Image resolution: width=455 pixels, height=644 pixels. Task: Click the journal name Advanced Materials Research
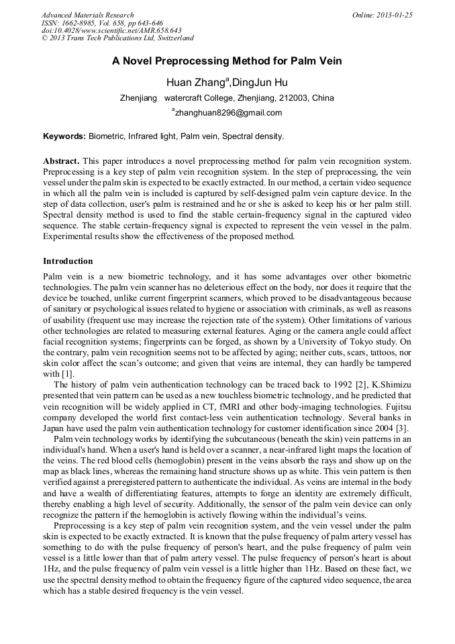[x=88, y=15]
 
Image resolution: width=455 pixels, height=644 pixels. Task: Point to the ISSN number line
[x=102, y=23]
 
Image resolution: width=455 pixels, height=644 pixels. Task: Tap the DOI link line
[x=111, y=30]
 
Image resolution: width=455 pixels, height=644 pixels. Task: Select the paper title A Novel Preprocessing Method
[x=227, y=61]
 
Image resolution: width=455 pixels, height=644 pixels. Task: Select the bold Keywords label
[x=64, y=136]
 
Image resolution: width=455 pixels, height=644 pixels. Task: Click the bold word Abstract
[x=62, y=161]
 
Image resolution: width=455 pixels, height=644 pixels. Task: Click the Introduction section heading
[x=68, y=261]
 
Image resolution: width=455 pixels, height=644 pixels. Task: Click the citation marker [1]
[x=68, y=374]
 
